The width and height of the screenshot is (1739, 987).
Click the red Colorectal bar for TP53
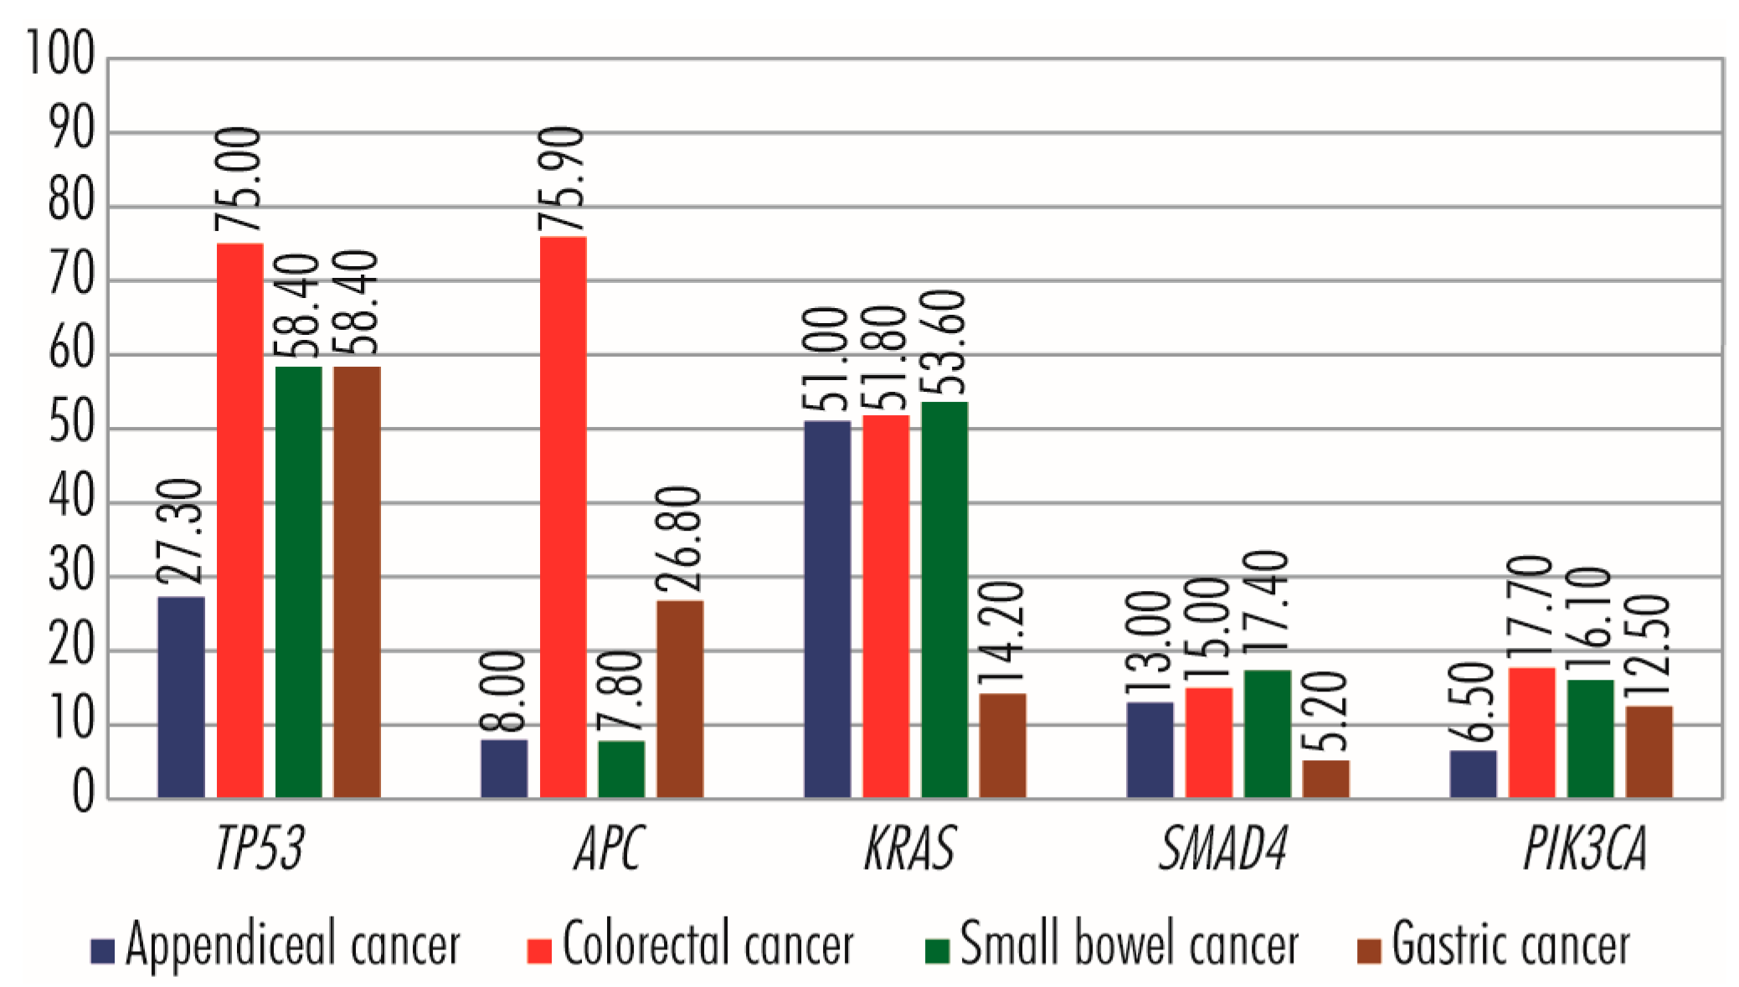pos(240,519)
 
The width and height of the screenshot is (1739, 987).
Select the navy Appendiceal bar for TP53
pos(181,697)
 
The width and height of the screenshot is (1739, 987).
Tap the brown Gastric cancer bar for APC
pos(680,698)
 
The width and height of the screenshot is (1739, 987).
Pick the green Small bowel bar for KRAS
pos(944,599)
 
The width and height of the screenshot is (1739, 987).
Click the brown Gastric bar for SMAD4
pos(1326,779)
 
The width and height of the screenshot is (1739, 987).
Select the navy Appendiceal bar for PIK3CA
pos(1474,774)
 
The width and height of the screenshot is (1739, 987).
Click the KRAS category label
pos(910,849)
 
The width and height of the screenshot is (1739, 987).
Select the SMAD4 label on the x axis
pos(1222,849)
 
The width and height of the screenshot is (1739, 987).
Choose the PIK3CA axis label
pos(1584,849)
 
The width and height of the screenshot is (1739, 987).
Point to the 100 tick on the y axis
pos(60,54)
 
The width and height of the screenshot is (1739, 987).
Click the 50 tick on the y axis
pos(70,424)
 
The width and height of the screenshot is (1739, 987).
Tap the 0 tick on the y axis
pos(83,791)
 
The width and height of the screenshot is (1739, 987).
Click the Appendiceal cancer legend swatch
pos(103,951)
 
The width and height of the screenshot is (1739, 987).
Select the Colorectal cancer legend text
pos(707,944)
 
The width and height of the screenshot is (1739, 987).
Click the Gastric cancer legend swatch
pos(1368,951)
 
